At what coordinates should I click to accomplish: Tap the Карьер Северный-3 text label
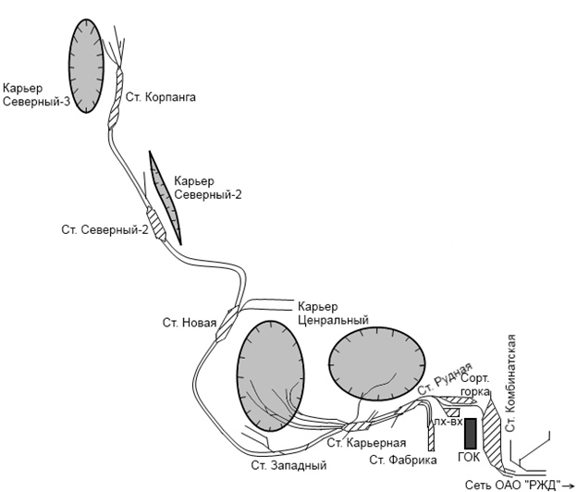(36, 95)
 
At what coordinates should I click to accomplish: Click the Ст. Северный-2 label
(105, 228)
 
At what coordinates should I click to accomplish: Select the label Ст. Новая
(190, 323)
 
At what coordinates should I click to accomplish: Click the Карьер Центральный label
(333, 313)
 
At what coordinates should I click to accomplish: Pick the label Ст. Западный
(290, 464)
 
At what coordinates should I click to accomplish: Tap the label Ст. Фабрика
(402, 460)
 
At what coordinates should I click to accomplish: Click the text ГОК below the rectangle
(470, 457)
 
